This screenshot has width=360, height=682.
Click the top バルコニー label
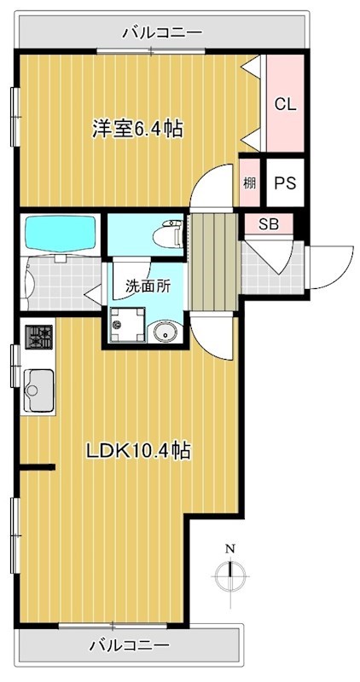[162, 33]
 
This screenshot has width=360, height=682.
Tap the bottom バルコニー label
[129, 644]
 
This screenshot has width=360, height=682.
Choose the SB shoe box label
[268, 226]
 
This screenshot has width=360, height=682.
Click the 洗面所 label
[148, 286]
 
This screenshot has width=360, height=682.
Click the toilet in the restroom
[165, 233]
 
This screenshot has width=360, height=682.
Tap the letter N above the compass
[229, 548]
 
